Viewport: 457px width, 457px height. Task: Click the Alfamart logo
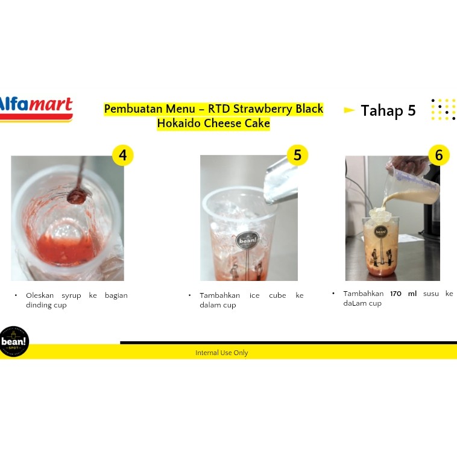point(36,109)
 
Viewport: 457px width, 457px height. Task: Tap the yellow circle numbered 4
point(123,155)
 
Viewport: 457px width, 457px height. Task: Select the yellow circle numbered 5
point(297,155)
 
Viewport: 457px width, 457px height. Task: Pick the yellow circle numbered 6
point(439,155)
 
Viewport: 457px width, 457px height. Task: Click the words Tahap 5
point(388,111)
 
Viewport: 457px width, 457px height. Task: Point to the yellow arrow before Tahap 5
point(349,110)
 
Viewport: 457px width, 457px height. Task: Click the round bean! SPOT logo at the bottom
point(14,341)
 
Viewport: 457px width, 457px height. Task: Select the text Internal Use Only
point(221,353)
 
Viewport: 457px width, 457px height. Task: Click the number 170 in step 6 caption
point(396,294)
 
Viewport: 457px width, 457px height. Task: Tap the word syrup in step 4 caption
point(71,296)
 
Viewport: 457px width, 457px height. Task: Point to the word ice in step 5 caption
point(254,295)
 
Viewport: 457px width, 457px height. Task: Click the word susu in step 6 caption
point(430,294)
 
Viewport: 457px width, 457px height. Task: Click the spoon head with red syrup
point(77,197)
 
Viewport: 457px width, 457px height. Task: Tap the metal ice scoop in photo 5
point(280,181)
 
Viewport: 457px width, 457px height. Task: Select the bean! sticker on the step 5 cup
point(247,241)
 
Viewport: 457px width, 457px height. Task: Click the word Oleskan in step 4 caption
point(40,295)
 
